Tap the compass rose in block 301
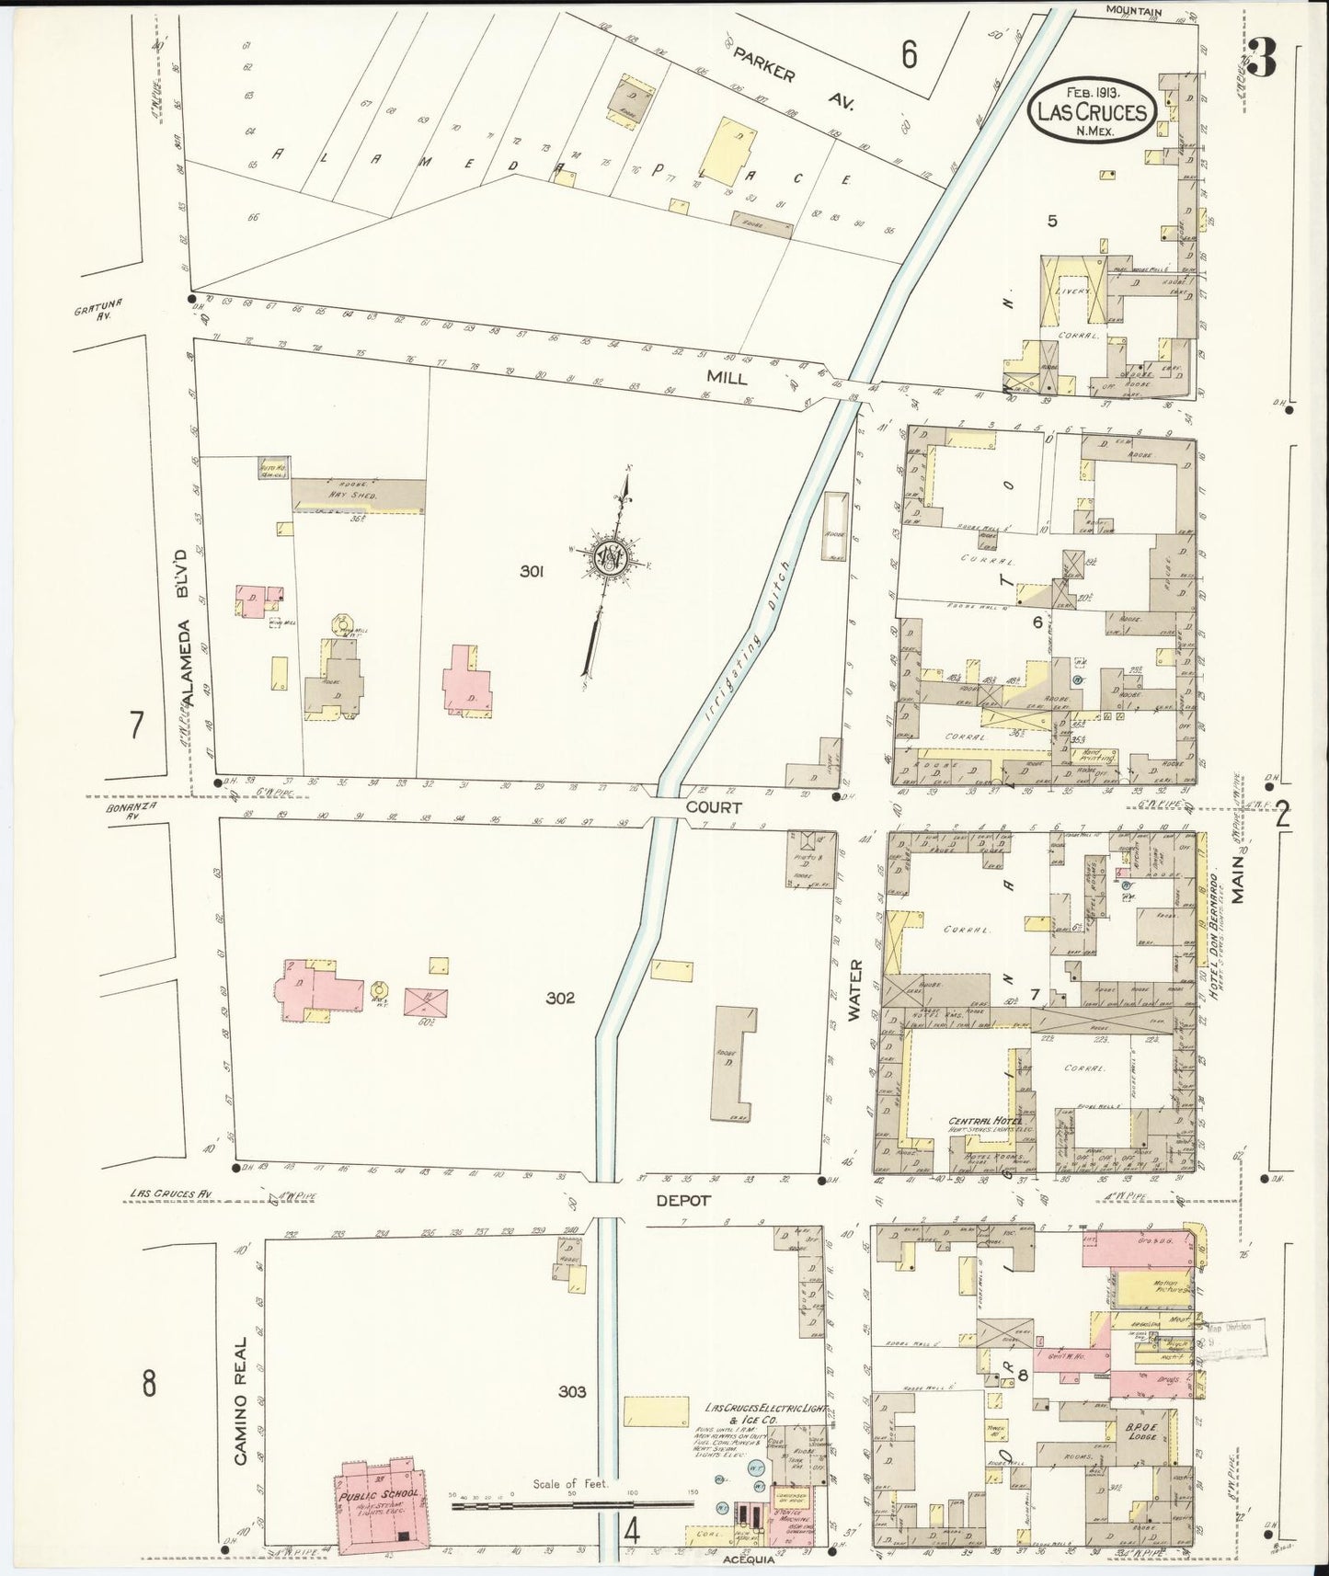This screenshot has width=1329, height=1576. (610, 556)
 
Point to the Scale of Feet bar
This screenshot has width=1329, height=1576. (572, 1505)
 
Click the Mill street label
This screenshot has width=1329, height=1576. (726, 377)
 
